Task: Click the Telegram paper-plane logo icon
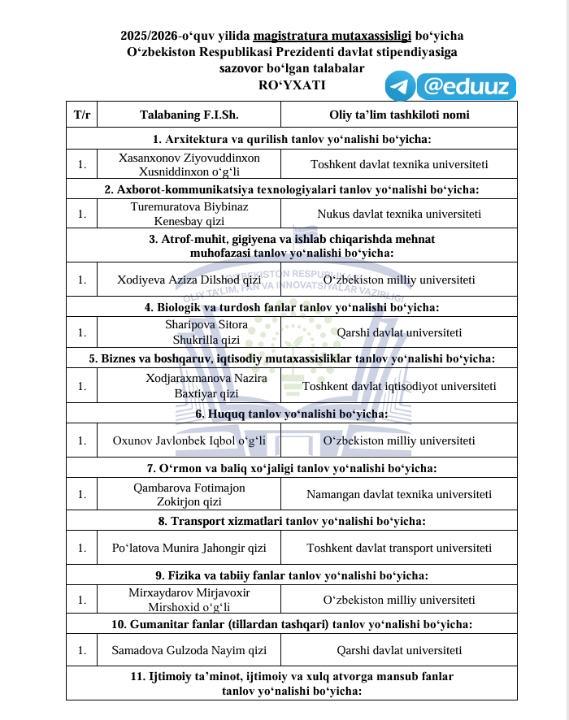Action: [401, 85]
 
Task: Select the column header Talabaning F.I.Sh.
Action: [189, 115]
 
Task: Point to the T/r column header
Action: [82, 115]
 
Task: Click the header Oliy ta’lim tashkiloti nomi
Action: [398, 115]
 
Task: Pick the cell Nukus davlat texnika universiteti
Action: [398, 215]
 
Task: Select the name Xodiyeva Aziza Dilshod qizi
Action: [189, 280]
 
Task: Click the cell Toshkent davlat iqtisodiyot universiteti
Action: [398, 386]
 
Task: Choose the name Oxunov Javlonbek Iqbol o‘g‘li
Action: [189, 440]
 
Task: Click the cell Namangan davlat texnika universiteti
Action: [398, 494]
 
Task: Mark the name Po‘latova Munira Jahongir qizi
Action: [189, 548]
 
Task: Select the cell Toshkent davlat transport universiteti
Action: [398, 548]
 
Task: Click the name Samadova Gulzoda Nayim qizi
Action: [189, 650]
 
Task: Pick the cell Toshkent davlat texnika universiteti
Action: [398, 164]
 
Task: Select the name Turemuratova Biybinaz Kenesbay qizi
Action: [189, 214]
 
